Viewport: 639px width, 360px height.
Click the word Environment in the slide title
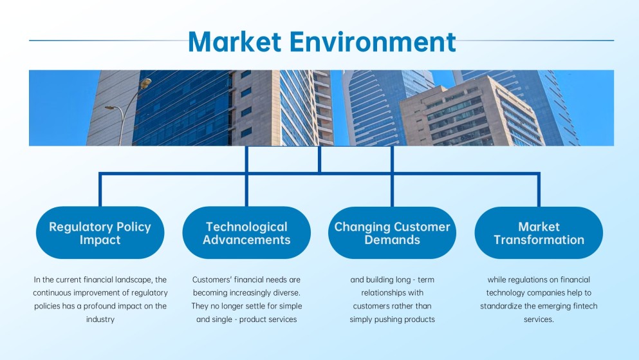(372, 41)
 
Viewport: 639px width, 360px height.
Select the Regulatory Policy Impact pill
(100, 232)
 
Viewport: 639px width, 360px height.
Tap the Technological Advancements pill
(246, 232)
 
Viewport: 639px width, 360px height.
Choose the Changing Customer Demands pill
(392, 232)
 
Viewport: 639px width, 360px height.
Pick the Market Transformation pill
(539, 232)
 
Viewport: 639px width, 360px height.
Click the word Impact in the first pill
(100, 240)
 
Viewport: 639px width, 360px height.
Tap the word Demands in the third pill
(392, 240)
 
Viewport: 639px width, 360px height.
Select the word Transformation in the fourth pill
(539, 240)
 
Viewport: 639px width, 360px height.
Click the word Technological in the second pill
(246, 227)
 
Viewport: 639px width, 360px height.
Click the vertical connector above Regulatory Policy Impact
(100, 189)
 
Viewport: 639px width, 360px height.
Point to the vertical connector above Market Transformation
(539, 189)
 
